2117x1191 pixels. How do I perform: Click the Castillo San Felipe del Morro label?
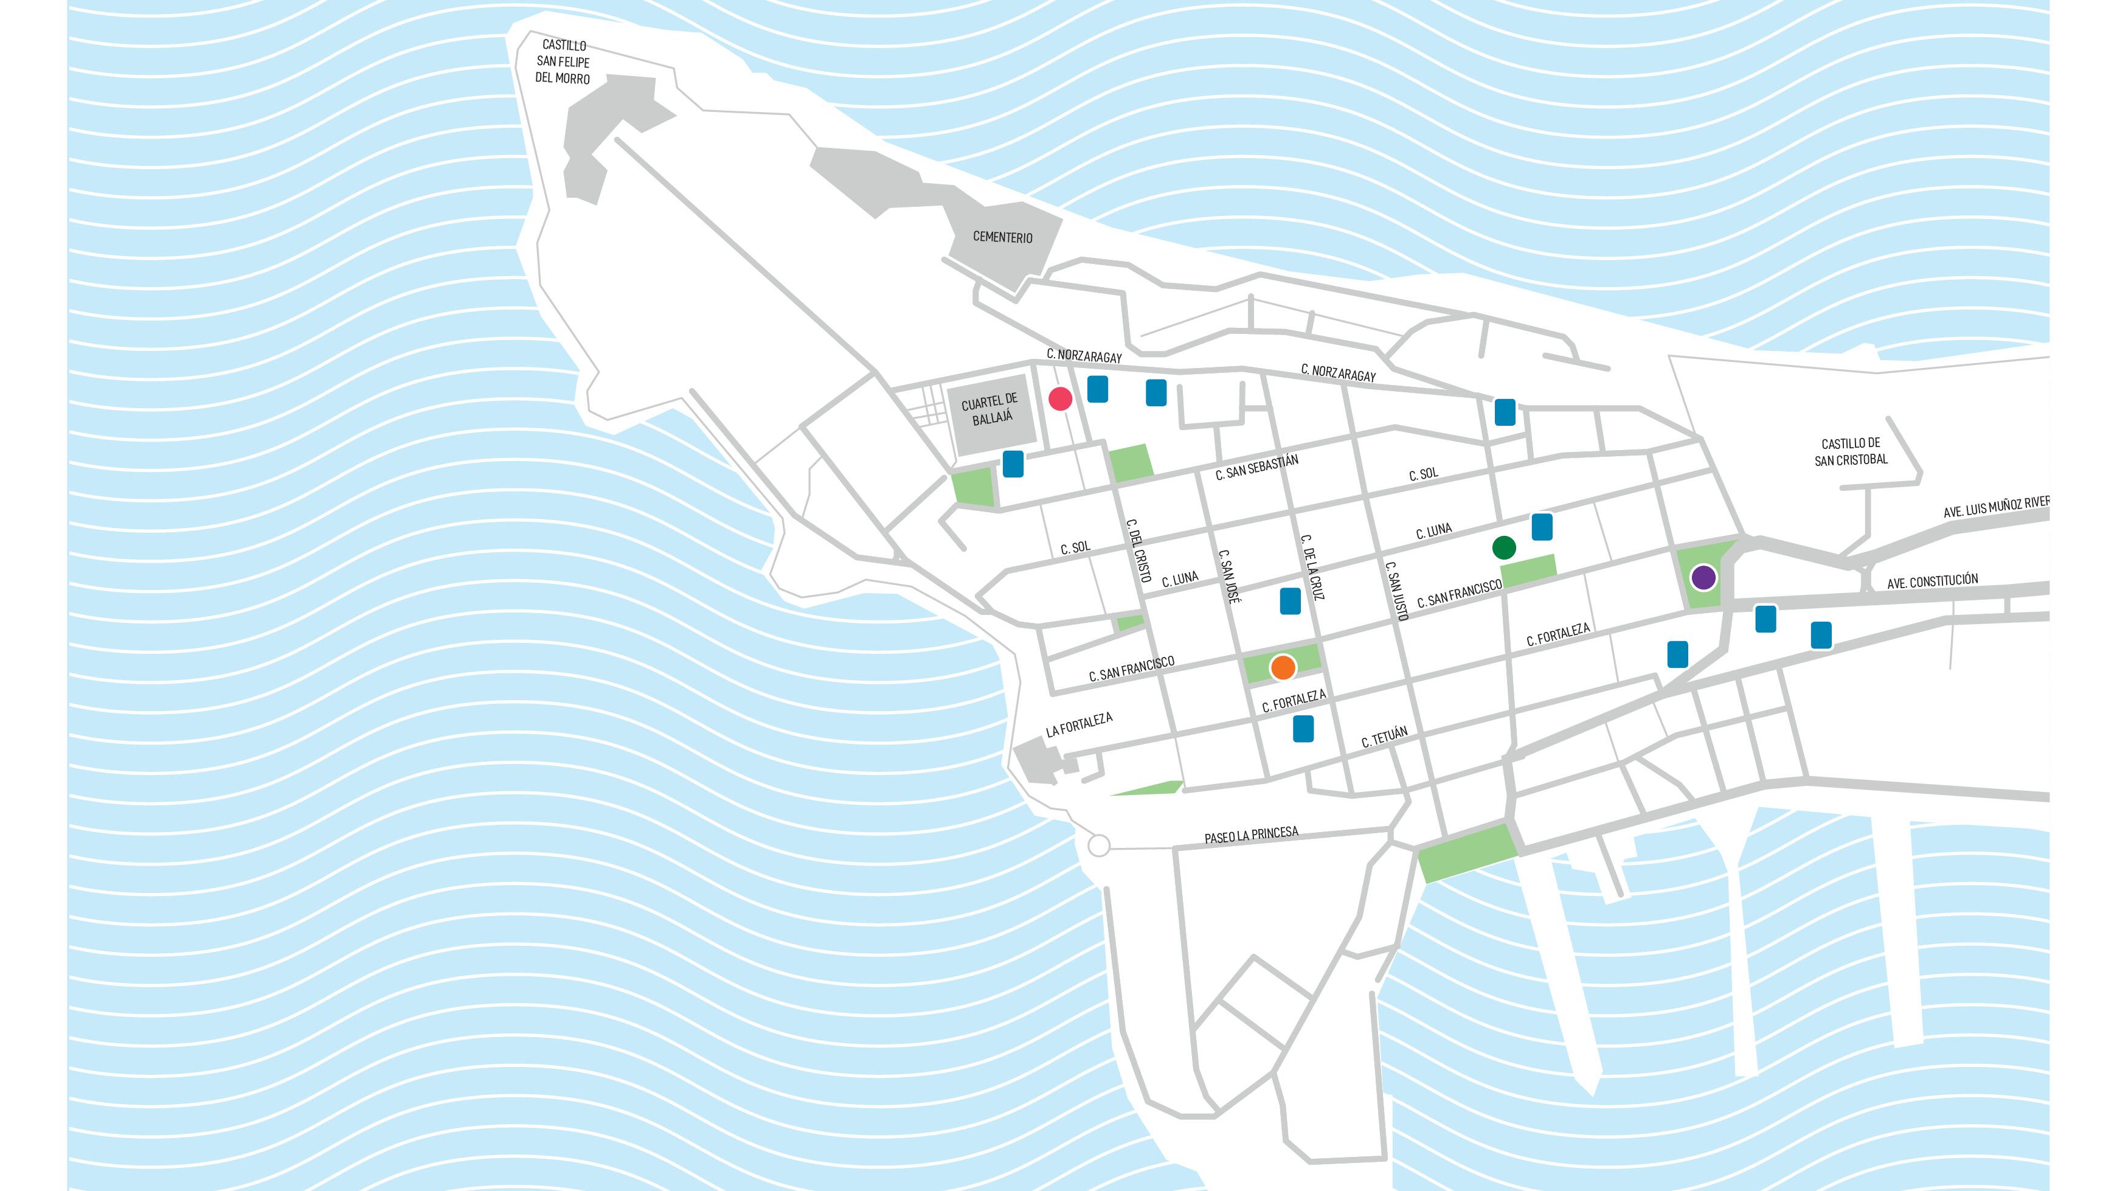click(563, 61)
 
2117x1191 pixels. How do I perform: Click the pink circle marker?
click(1060, 400)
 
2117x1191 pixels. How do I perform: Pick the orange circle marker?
click(1283, 667)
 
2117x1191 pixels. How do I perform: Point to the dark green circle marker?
click(1504, 547)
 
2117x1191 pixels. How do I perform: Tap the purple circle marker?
click(1703, 577)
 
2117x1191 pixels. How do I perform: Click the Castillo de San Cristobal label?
click(1851, 452)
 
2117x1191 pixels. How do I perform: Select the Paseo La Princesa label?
click(1252, 836)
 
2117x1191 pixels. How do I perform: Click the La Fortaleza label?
click(1079, 725)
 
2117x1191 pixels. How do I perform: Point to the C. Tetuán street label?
click(1385, 737)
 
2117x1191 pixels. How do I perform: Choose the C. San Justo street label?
click(1396, 590)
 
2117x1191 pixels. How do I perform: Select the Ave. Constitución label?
click(1932, 581)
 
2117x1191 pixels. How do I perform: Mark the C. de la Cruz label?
click(1312, 567)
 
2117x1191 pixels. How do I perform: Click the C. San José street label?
click(1228, 577)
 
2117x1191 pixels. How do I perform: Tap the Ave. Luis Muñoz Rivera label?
click(1996, 506)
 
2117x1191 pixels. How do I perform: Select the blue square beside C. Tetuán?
click(1303, 728)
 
